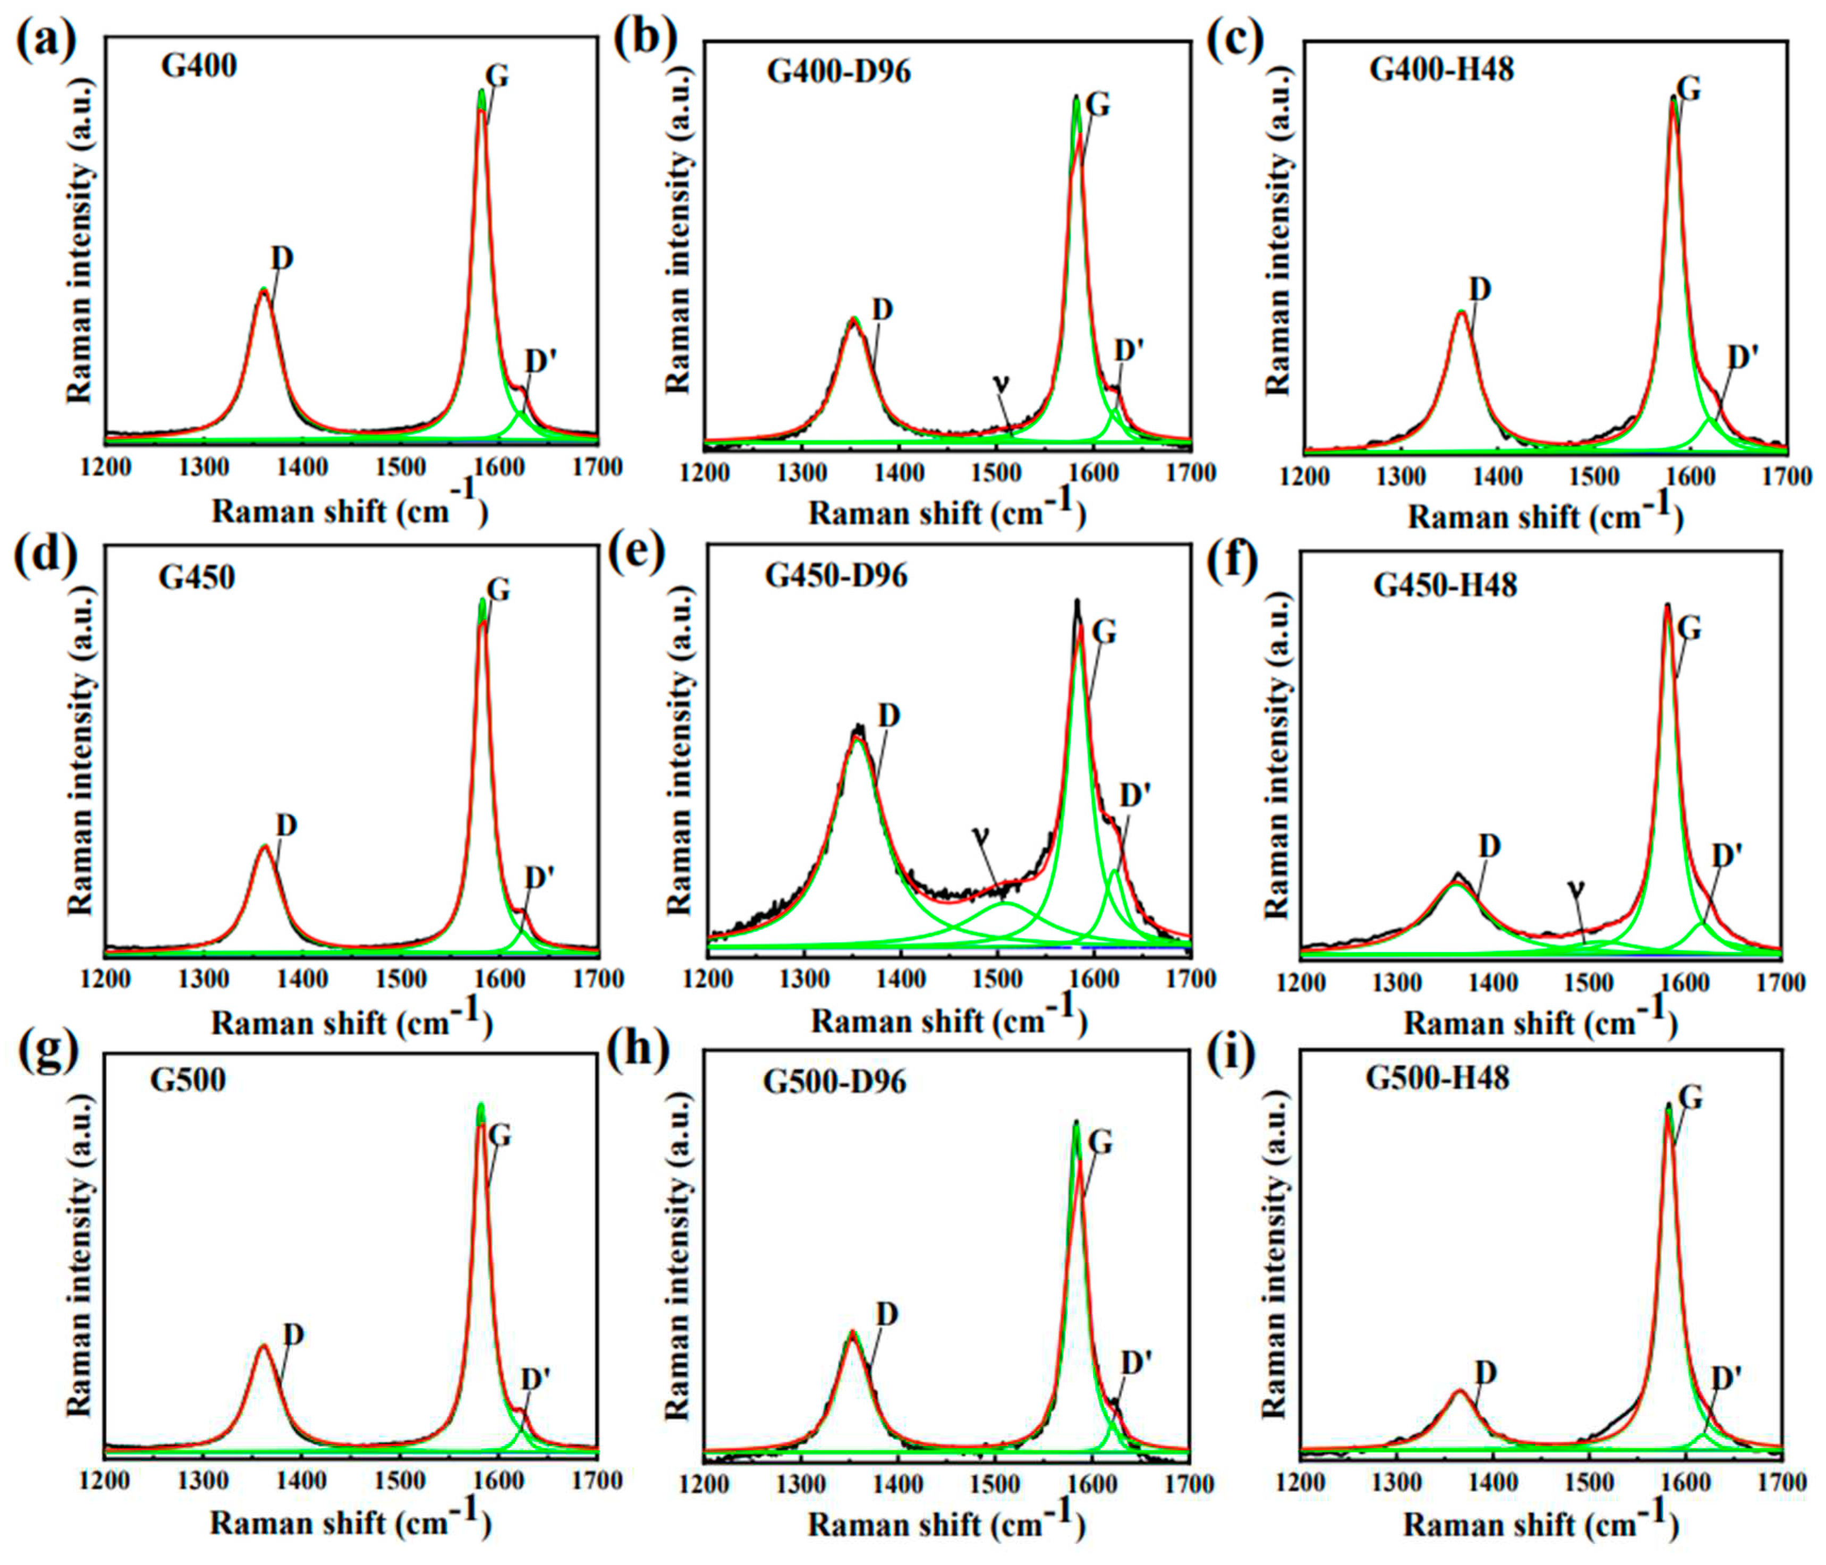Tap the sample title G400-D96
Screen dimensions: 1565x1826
pyautogui.click(x=838, y=71)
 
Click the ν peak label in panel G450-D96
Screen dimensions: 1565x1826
pyautogui.click(x=980, y=833)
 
